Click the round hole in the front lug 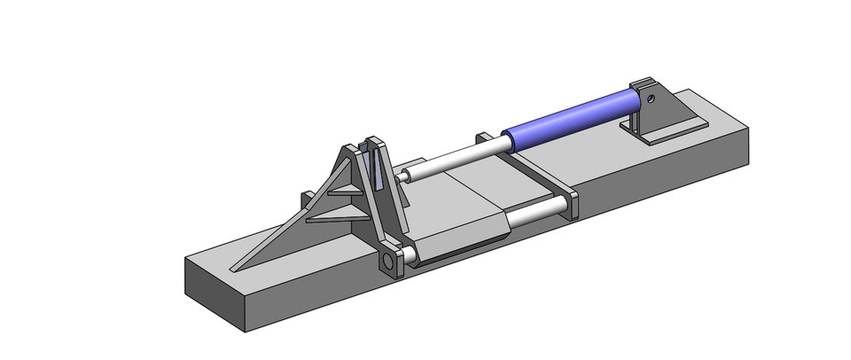(x=387, y=263)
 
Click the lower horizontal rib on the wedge (x=332, y=215)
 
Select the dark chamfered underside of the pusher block (x=461, y=247)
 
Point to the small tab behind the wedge (x=307, y=196)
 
